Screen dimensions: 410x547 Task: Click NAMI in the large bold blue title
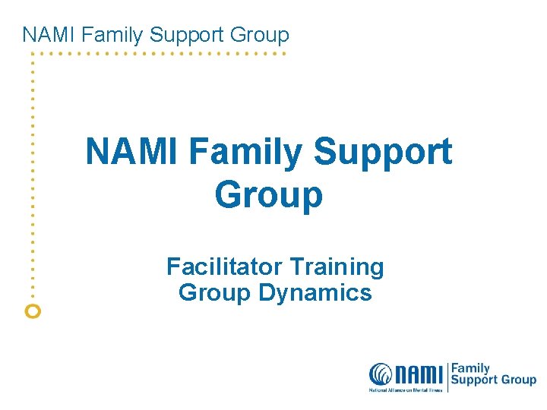point(132,151)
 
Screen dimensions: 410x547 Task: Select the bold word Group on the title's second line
point(269,195)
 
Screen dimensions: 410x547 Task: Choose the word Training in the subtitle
point(335,268)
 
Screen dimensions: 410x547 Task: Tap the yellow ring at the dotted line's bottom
point(32,310)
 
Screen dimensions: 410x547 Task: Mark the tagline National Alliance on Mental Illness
point(405,389)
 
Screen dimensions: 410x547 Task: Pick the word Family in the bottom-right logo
point(471,368)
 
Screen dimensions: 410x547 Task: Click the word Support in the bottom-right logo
point(475,381)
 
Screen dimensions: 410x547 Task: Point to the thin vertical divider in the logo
point(447,376)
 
